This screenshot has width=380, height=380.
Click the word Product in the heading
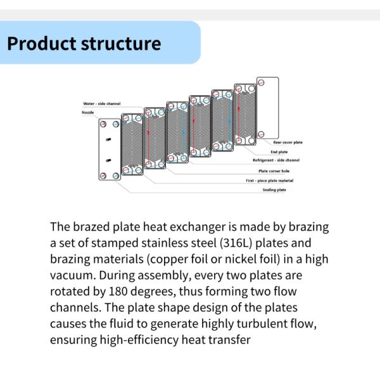pos(41,44)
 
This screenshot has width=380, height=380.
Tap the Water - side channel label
pos(101,104)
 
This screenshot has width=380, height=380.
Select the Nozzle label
pos(88,112)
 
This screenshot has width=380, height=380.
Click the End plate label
pos(279,152)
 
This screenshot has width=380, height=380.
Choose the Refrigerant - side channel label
pos(276,160)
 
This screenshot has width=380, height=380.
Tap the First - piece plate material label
pos(269,180)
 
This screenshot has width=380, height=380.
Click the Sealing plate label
pos(274,190)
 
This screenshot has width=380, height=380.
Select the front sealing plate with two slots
pos(108,149)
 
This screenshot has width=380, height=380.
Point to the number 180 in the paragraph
pos(126,292)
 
